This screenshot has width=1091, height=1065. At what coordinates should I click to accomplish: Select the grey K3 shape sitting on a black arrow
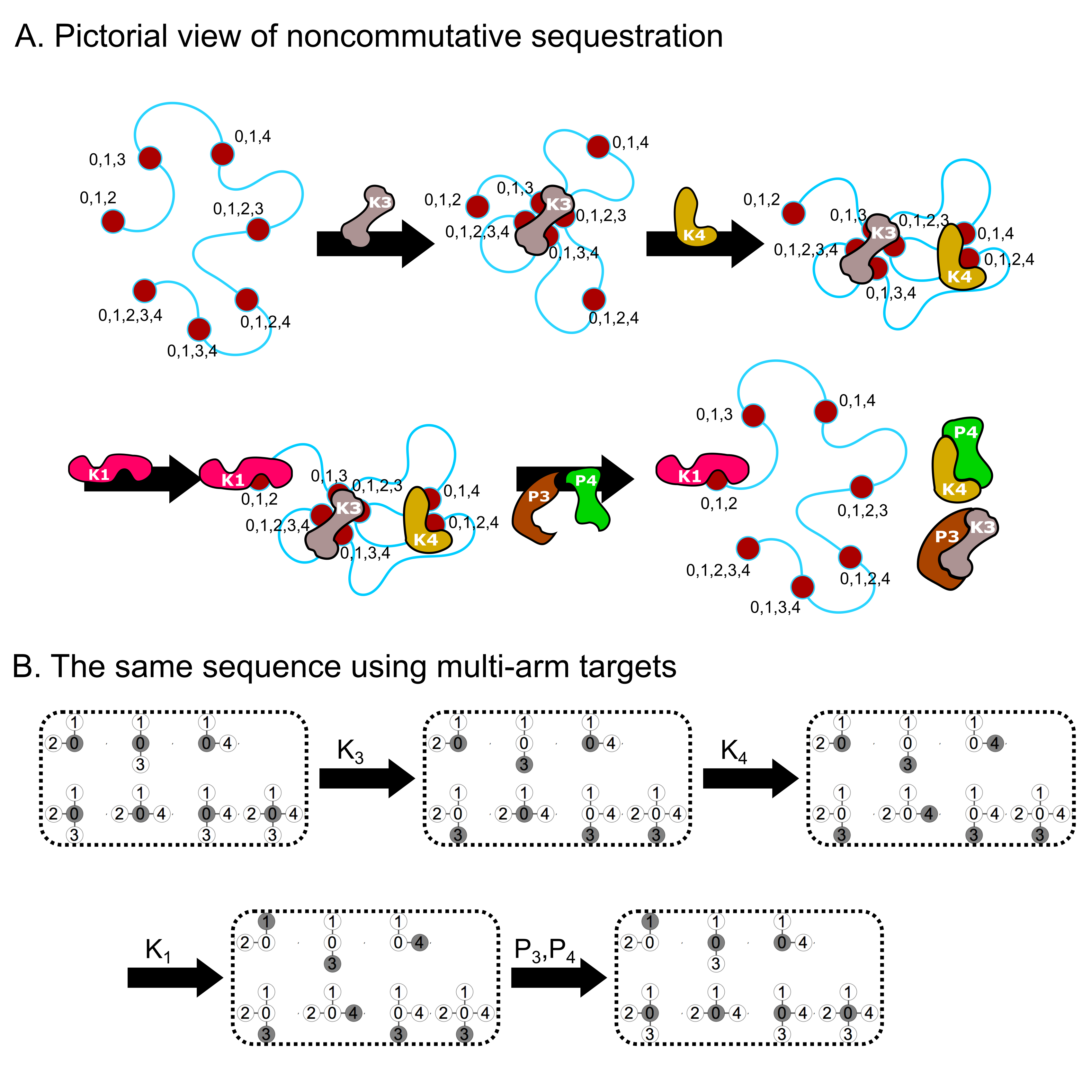[x=366, y=215]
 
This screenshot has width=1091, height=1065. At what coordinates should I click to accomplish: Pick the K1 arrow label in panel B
[x=158, y=950]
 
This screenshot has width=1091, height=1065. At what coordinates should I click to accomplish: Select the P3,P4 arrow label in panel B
[x=544, y=950]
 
